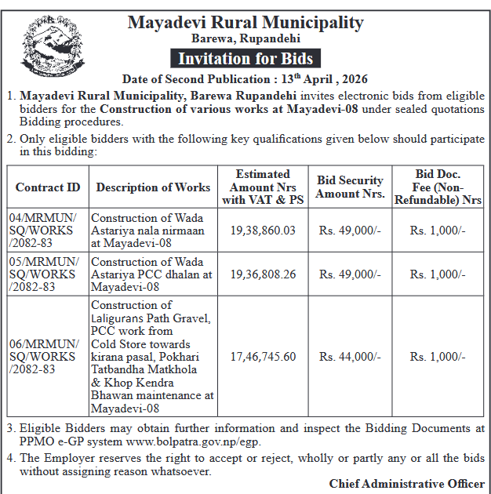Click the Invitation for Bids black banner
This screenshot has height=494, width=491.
(x=245, y=59)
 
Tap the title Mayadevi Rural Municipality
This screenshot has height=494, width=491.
(x=245, y=21)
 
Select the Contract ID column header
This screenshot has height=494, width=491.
(x=48, y=187)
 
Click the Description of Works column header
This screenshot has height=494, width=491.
(x=153, y=187)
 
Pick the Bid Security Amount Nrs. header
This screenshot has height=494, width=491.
(x=350, y=187)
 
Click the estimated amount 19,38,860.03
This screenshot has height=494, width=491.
(x=263, y=231)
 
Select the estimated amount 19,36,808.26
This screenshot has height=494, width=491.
(x=263, y=274)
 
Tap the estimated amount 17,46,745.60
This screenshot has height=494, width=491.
(x=263, y=357)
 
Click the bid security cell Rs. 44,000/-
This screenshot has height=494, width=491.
(x=350, y=357)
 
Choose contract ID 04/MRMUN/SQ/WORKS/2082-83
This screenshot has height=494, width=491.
(x=48, y=231)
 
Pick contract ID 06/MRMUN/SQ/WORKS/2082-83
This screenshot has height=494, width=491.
(x=48, y=357)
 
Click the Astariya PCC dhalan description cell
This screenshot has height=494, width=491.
(x=151, y=274)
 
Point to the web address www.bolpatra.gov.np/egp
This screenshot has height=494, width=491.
(x=204, y=441)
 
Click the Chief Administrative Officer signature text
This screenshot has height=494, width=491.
(x=406, y=484)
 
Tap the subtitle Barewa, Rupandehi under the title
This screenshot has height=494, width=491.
(x=245, y=38)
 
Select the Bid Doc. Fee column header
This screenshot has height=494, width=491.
(x=438, y=187)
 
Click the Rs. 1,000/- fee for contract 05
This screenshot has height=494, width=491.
(x=438, y=274)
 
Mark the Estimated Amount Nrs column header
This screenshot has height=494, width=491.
(x=263, y=187)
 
